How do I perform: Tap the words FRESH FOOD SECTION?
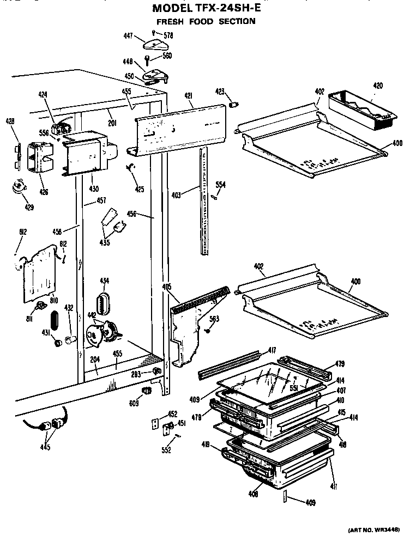[206, 22]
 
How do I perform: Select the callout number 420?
[377, 86]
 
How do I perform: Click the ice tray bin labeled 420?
[362, 112]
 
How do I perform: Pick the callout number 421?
[188, 96]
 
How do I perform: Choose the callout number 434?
[104, 281]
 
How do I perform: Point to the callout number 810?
[38, 300]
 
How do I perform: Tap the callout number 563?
[214, 319]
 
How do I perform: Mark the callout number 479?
[339, 364]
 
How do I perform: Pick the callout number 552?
[166, 450]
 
